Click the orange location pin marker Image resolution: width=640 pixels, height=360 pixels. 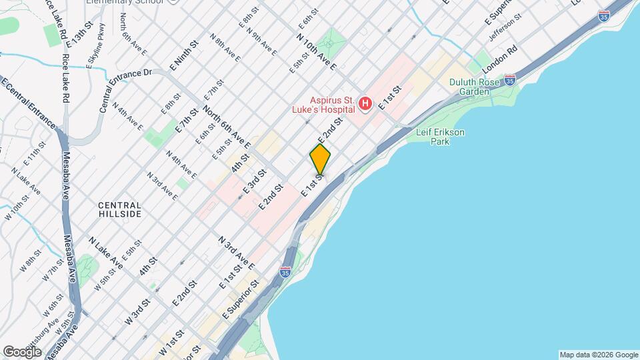click(320, 160)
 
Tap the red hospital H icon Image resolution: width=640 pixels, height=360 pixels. click(365, 103)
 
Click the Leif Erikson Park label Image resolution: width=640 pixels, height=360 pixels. click(440, 137)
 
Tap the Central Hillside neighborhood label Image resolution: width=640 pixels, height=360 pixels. click(119, 210)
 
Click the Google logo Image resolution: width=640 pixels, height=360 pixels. click(22, 351)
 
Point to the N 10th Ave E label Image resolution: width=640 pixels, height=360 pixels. click(317, 51)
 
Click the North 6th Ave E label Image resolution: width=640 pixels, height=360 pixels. click(227, 127)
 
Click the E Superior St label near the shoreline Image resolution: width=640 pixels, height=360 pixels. click(239, 298)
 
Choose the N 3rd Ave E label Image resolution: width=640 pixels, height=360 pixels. click(233, 251)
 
